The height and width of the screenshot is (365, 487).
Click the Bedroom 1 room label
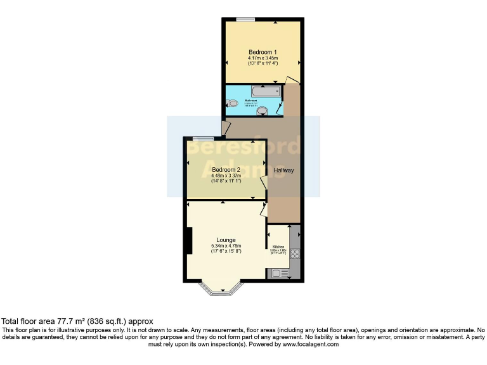click(x=262, y=52)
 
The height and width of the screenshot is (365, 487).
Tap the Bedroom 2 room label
click(x=226, y=170)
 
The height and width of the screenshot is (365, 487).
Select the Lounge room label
click(x=226, y=240)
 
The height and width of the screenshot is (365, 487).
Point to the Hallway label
click(x=283, y=170)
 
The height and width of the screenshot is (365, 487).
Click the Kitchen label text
click(x=278, y=247)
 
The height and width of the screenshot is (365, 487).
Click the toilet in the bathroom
click(x=232, y=103)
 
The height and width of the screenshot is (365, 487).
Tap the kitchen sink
click(x=276, y=274)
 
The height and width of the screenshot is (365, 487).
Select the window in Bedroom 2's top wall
click(x=203, y=138)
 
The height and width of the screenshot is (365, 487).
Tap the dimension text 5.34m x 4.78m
click(x=226, y=247)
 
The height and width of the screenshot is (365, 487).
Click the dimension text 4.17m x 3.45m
click(x=262, y=58)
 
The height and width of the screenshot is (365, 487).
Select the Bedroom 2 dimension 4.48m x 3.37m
click(x=226, y=176)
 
